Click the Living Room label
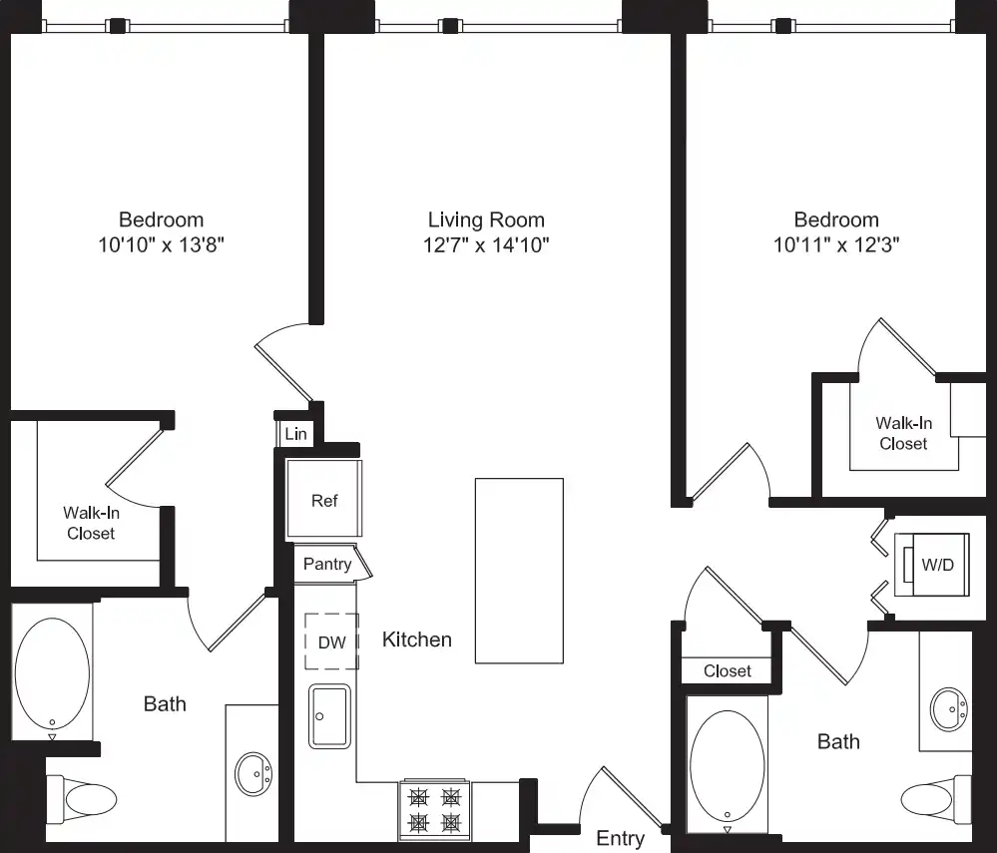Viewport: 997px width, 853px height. [486, 219]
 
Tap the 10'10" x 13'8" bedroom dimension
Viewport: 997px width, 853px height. [161, 244]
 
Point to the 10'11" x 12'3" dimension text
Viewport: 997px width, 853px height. [836, 244]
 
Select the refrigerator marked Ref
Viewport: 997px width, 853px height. [324, 499]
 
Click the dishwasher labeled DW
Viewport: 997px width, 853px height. [332, 641]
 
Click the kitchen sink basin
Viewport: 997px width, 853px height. [329, 715]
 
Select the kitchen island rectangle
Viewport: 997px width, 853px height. [520, 571]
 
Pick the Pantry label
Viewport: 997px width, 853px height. [327, 564]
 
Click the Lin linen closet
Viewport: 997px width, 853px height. [295, 434]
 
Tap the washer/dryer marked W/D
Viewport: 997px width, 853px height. [932, 565]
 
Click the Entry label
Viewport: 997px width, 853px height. [620, 838]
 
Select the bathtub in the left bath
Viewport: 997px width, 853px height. [52, 673]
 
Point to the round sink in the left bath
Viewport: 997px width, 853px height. [253, 774]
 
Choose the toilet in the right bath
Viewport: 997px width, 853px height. [936, 799]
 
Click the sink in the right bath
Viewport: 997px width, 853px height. [949, 708]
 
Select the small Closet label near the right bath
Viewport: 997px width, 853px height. [727, 671]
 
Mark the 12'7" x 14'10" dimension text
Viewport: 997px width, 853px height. [486, 244]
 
